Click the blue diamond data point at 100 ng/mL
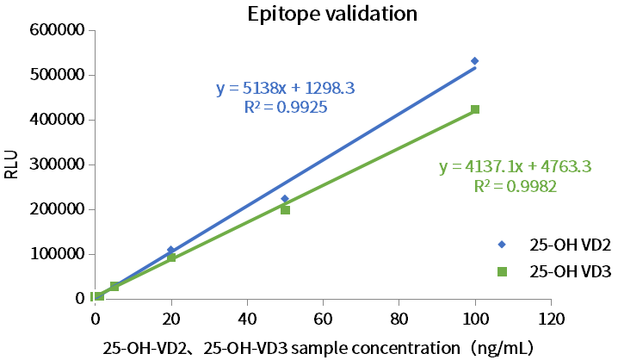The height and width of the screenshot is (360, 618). point(474,61)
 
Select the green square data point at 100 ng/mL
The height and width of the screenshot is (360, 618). point(475,109)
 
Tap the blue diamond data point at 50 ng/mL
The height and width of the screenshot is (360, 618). point(285,199)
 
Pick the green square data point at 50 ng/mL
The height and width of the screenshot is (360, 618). point(285,209)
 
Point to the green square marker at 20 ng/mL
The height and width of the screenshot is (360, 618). point(171,258)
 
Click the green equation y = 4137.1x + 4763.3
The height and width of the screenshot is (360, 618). point(515,167)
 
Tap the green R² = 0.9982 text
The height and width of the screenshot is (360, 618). point(515,186)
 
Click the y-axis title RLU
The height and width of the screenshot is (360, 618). point(11,164)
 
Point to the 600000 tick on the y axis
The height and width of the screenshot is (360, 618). point(57,30)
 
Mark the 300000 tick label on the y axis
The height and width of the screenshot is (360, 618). point(57,164)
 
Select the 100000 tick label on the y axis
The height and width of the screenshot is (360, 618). point(57,254)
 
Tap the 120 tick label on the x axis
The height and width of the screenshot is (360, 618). point(551,318)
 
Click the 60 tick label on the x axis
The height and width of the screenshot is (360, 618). point(323,318)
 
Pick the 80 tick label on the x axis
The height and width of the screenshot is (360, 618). point(399,318)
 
